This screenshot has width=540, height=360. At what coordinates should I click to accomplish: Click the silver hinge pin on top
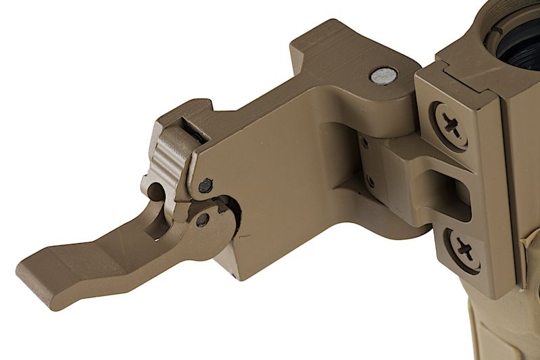383,75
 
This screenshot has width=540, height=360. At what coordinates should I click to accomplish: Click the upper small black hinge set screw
365,143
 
